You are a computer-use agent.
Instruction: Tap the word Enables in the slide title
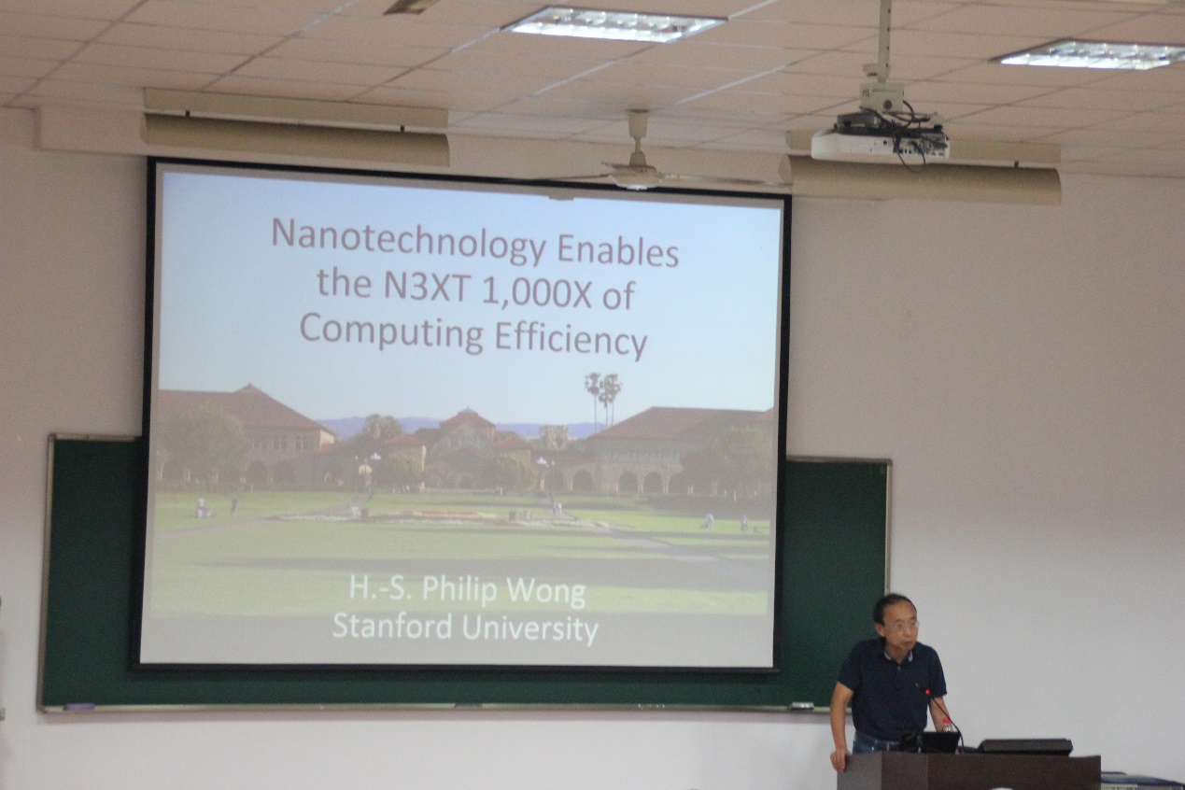[618, 250]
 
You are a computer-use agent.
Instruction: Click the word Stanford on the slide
[392, 626]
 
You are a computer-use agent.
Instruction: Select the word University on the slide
[529, 629]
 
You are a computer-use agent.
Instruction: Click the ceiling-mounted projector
[881, 137]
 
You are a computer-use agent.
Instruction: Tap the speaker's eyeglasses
[902, 626]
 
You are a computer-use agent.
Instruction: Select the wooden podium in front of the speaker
[969, 771]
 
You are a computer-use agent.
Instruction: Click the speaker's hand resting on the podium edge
[838, 760]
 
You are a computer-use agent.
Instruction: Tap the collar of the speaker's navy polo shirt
[898, 654]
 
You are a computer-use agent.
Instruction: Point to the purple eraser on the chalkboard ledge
[79, 706]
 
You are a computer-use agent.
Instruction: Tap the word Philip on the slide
[459, 591]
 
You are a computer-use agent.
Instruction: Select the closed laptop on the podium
[1024, 747]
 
